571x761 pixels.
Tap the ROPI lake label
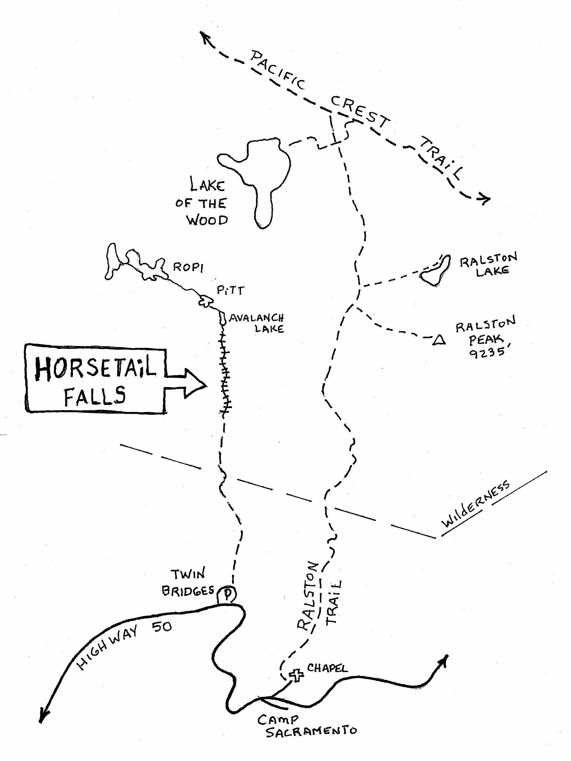point(188,267)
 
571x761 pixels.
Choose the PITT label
point(230,291)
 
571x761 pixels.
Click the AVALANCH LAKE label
point(257,323)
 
